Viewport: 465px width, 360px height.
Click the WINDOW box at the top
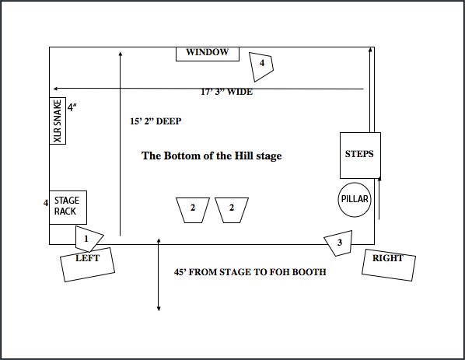coord(208,54)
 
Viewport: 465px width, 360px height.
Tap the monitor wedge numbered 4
coord(261,67)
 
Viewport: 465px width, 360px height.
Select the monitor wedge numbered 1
coord(88,239)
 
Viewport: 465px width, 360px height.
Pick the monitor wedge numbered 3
coord(340,243)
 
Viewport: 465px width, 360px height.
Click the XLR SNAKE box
coord(58,121)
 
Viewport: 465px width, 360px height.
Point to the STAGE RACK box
coord(68,208)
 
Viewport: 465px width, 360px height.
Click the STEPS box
coord(360,156)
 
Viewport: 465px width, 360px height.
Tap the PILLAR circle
coord(355,200)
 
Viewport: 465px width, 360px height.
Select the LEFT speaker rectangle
coord(88,264)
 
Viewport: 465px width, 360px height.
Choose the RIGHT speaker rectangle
coord(389,265)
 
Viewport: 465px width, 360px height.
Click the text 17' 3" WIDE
coord(227,92)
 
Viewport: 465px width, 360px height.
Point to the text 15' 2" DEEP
coord(156,121)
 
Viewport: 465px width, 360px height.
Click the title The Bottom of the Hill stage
coord(212,156)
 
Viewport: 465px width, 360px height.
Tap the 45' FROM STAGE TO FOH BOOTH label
coord(250,272)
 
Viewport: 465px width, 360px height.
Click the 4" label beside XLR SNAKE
coord(72,107)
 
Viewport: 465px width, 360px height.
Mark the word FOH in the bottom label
coord(280,272)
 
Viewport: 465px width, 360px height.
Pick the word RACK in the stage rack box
coord(65,211)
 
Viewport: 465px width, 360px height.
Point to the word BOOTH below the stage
coord(309,272)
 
